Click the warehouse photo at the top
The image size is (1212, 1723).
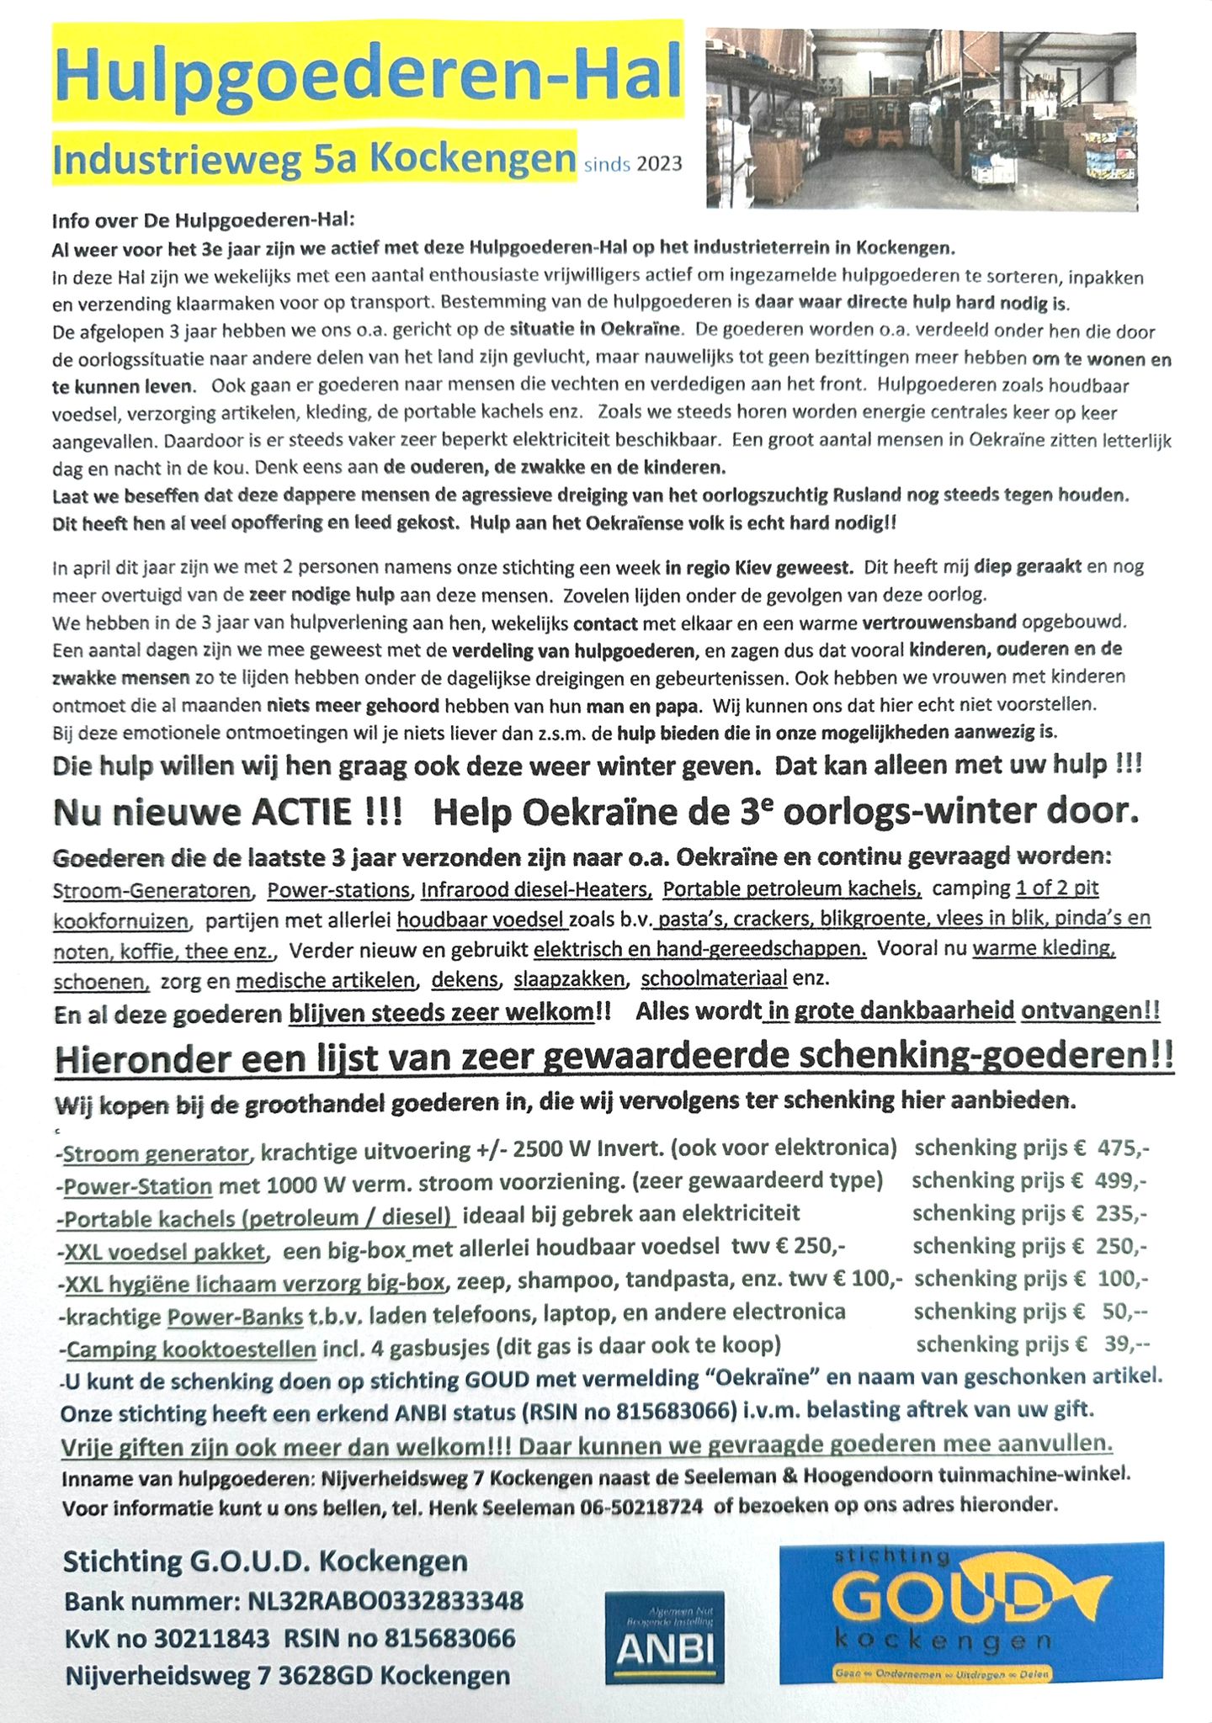click(x=921, y=119)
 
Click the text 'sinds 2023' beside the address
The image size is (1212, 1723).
click(x=633, y=165)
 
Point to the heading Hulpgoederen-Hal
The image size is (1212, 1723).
click(x=368, y=74)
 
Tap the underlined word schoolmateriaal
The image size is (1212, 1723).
click(x=714, y=978)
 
